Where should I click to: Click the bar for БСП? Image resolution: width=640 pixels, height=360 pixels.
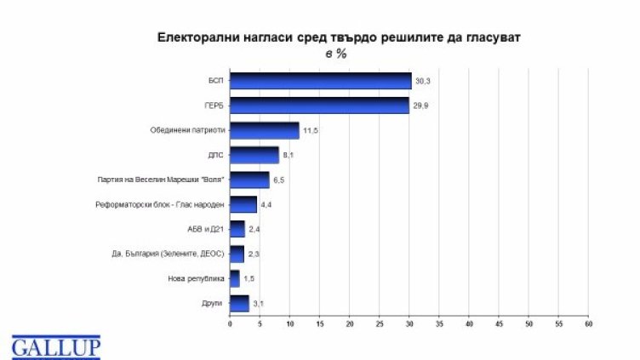[320, 81]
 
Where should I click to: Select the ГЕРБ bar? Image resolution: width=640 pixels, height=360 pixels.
[319, 106]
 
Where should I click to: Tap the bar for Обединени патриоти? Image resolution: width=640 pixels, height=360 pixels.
[265, 130]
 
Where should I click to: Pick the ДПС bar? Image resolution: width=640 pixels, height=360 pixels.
[254, 155]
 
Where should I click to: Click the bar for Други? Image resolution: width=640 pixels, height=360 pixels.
[239, 302]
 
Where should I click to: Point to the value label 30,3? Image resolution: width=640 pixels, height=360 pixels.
[423, 82]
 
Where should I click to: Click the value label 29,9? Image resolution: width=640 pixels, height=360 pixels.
[420, 106]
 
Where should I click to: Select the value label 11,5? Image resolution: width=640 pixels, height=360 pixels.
[311, 131]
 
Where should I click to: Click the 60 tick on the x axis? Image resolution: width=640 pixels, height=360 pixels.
[588, 324]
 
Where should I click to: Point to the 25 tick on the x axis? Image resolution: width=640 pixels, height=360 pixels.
[380, 324]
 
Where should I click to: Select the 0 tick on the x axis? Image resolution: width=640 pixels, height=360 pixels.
[230, 324]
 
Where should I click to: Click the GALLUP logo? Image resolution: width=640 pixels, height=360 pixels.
[56, 346]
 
